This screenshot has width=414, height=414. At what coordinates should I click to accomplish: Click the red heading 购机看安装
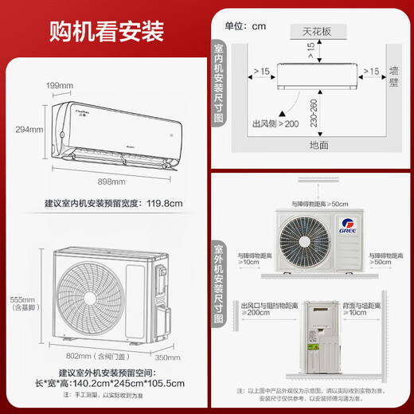106,31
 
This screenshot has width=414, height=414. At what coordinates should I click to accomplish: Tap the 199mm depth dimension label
59,85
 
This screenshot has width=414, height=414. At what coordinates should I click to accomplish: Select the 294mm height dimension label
30,129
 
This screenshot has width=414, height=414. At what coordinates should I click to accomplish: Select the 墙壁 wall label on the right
394,80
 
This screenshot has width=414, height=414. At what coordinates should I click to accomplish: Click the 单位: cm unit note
245,26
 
